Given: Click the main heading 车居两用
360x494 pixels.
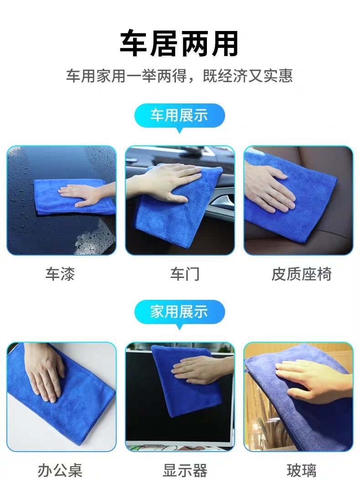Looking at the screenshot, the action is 179,43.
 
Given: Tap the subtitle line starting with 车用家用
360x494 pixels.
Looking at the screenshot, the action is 180,76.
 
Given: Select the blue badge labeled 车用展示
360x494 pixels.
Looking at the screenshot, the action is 180,116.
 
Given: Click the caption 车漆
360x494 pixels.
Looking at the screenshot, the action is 60,274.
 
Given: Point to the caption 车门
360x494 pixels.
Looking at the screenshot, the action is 185,274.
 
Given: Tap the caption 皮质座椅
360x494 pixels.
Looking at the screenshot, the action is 301,274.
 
